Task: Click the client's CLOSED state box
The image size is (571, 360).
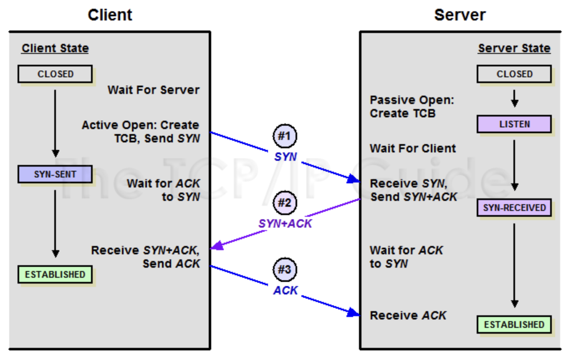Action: (x=55, y=74)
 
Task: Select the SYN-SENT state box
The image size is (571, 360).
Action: (x=55, y=174)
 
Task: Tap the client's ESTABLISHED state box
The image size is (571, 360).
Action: (x=55, y=274)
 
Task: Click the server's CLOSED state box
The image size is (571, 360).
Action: (x=514, y=74)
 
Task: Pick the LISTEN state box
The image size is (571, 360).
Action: (x=514, y=124)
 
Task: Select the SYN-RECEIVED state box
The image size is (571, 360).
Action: (x=514, y=208)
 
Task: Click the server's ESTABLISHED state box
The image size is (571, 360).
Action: (x=514, y=325)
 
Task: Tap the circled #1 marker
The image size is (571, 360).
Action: (x=285, y=136)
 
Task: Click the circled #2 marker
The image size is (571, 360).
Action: (x=285, y=203)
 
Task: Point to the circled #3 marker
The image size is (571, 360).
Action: (x=285, y=270)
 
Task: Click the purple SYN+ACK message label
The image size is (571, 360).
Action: (x=285, y=224)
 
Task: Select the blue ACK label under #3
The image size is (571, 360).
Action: (x=285, y=290)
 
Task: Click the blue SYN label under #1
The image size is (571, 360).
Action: (x=285, y=157)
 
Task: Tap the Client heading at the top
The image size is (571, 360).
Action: (x=110, y=15)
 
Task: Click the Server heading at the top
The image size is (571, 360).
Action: (x=460, y=15)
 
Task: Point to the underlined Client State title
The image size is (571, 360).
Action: (x=55, y=48)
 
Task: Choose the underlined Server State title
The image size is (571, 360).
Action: (x=514, y=48)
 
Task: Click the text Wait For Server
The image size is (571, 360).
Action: (x=154, y=90)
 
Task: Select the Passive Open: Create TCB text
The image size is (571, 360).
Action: (x=412, y=106)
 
